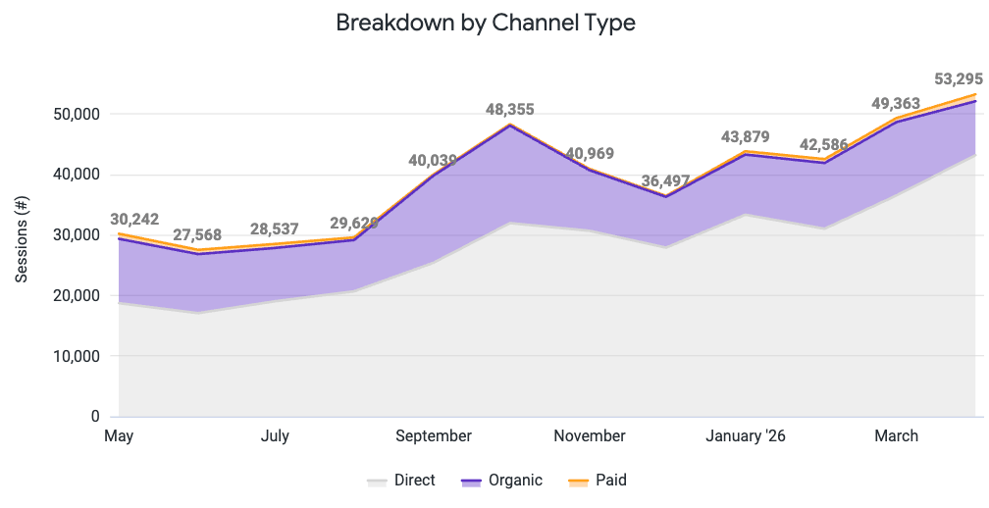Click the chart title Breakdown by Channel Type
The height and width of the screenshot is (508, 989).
tap(486, 23)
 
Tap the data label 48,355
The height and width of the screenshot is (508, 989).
tap(510, 109)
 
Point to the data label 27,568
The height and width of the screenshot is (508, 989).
tap(197, 235)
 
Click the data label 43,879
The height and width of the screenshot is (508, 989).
tap(746, 137)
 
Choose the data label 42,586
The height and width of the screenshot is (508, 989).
tap(824, 146)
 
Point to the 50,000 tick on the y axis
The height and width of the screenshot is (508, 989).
tap(74, 114)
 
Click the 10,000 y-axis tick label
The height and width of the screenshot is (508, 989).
tap(74, 356)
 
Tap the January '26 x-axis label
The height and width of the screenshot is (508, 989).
tap(746, 435)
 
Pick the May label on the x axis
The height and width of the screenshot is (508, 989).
tap(119, 435)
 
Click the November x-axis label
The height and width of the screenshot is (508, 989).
tap(590, 435)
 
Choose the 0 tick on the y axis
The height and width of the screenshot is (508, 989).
tap(95, 417)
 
